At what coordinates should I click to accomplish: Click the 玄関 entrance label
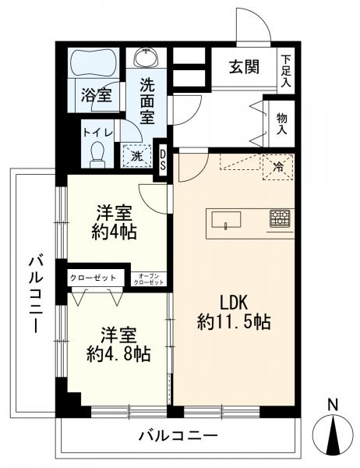(x=244, y=68)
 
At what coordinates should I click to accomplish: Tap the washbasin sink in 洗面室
(x=146, y=59)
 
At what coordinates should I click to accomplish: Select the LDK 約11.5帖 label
(x=233, y=311)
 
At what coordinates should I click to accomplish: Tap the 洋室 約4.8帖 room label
(x=118, y=345)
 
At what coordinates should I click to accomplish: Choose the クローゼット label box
(x=93, y=277)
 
